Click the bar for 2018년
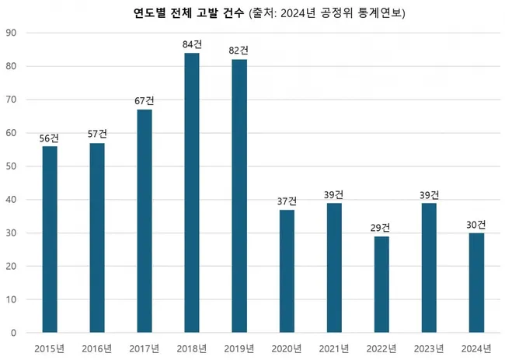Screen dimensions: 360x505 point(192,193)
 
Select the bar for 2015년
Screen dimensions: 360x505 point(50,239)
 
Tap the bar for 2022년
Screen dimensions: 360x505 point(381,285)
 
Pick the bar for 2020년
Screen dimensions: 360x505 point(287,271)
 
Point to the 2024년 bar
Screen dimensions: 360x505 point(475,283)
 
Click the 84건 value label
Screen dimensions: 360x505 point(192,45)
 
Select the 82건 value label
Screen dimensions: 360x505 point(239,51)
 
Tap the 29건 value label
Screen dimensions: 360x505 point(381,228)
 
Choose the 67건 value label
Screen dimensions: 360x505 point(145,101)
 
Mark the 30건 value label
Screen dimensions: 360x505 point(475,225)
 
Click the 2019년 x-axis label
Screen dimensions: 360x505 point(239,347)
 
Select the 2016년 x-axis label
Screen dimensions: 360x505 point(97,347)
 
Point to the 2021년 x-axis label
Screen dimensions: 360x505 point(333,347)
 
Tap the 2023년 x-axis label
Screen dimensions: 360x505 point(428,347)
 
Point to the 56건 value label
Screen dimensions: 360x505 point(50,138)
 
